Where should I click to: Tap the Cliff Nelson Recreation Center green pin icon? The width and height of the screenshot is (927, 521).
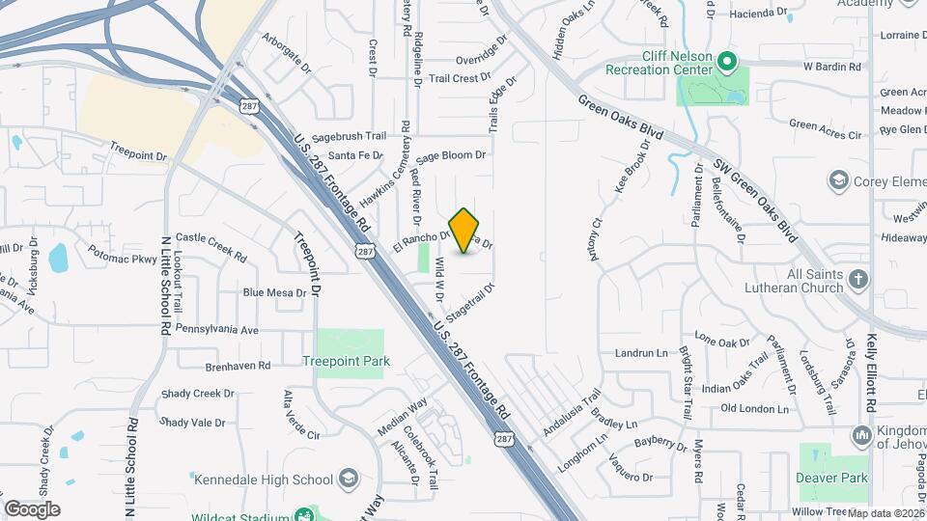(729, 65)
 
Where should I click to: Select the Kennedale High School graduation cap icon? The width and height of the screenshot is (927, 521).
(348, 479)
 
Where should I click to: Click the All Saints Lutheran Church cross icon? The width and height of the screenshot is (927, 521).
(859, 280)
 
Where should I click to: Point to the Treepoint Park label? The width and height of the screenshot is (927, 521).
(346, 362)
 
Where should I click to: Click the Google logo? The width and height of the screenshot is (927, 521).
(32, 508)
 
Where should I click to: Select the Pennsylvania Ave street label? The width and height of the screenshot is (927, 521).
(217, 330)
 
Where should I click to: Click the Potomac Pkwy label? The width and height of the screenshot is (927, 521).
(122, 260)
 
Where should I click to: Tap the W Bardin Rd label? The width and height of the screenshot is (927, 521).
(831, 67)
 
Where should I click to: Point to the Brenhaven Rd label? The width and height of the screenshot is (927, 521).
(238, 366)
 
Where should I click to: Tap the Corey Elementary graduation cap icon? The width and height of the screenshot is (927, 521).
(837, 181)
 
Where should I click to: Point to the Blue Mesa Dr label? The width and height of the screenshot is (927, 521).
(273, 292)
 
